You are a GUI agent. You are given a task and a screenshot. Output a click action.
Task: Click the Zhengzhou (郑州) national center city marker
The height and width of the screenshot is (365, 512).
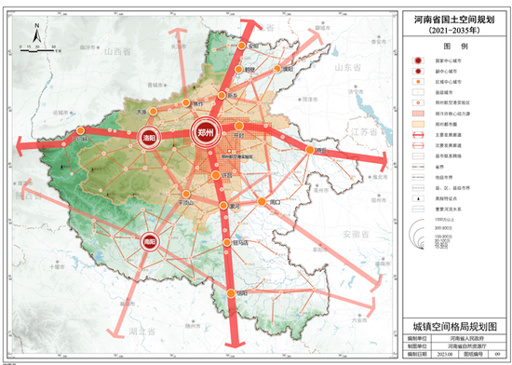pos(207,132)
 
